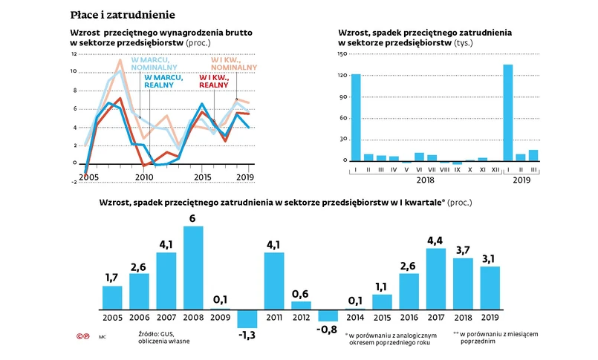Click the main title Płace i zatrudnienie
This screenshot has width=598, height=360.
(x=123, y=15)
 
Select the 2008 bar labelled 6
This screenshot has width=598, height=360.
(x=193, y=267)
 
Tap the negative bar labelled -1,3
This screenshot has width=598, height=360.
(x=247, y=318)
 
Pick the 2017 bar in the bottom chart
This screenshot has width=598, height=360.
(x=437, y=278)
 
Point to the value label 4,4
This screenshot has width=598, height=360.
(x=437, y=239)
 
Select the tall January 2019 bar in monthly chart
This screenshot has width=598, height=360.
(x=507, y=112)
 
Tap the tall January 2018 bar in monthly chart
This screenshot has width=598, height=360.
(x=355, y=117)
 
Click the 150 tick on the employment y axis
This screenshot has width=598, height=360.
(x=342, y=54)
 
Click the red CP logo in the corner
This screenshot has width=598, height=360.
(x=82, y=338)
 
